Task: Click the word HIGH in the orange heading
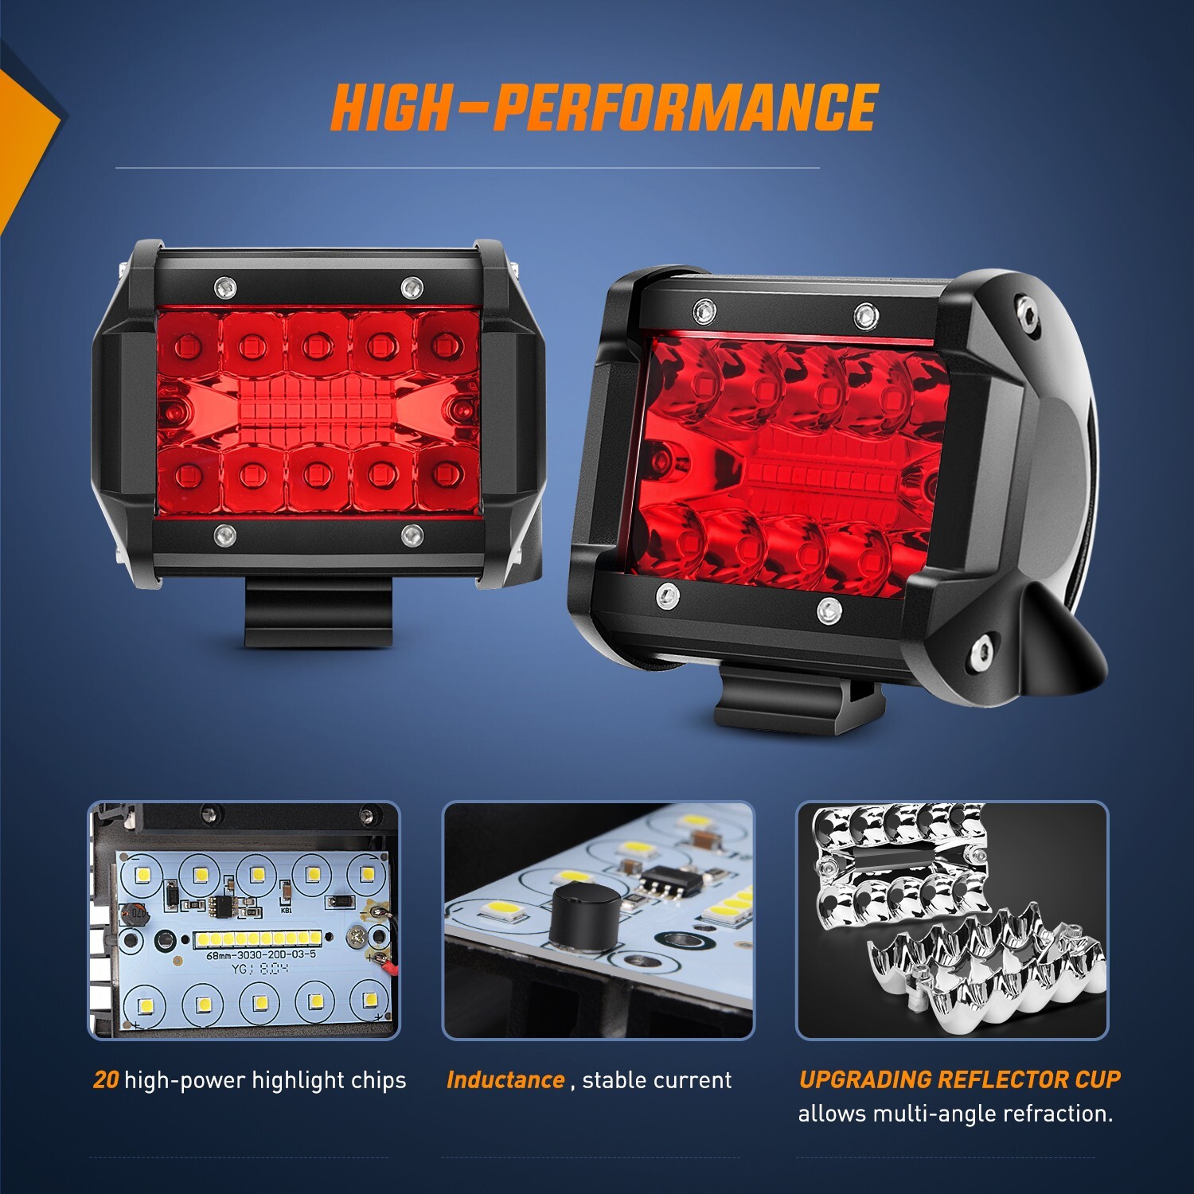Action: [x=390, y=107]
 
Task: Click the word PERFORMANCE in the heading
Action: [x=685, y=107]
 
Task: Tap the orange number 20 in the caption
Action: [x=106, y=1080]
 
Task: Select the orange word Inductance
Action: [x=505, y=1080]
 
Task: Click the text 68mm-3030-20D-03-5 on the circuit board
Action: [x=261, y=954]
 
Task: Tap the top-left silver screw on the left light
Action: [x=224, y=285]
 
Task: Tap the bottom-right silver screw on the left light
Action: [x=411, y=534]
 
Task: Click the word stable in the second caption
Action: [x=615, y=1080]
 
